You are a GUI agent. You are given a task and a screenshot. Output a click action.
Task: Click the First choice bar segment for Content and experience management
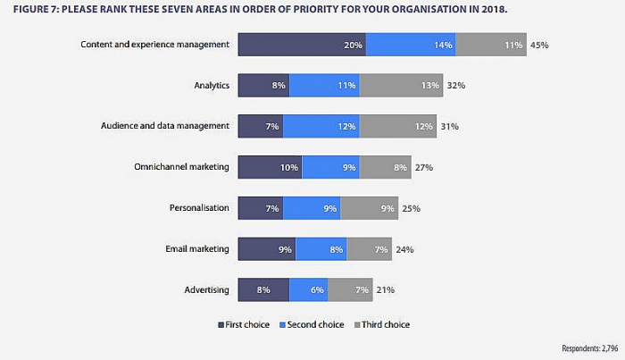pyautogui.click(x=302, y=45)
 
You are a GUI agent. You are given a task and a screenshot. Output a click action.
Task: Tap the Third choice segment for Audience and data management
pyautogui.click(x=397, y=127)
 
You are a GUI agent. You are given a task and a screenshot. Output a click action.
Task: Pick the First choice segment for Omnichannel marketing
pyautogui.click(x=270, y=167)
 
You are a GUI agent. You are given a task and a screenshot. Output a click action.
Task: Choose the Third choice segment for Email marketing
pyautogui.click(x=369, y=249)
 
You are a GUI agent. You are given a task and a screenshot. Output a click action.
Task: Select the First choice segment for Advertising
pyautogui.click(x=263, y=290)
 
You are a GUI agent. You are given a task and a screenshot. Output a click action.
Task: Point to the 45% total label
pyautogui.click(x=539, y=45)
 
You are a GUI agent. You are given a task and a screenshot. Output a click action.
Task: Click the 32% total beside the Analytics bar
pyautogui.click(x=456, y=86)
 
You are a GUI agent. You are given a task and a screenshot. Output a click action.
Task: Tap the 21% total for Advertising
pyautogui.click(x=385, y=290)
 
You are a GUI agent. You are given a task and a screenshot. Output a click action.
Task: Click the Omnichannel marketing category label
pyautogui.click(x=183, y=167)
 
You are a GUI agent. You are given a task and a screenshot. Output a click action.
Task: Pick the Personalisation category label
pyautogui.click(x=199, y=208)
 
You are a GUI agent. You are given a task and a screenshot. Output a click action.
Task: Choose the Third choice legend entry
pyautogui.click(x=381, y=324)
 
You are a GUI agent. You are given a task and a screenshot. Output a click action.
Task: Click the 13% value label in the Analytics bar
pyautogui.click(x=430, y=86)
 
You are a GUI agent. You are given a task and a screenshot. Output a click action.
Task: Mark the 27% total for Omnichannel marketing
pyautogui.click(x=423, y=167)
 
